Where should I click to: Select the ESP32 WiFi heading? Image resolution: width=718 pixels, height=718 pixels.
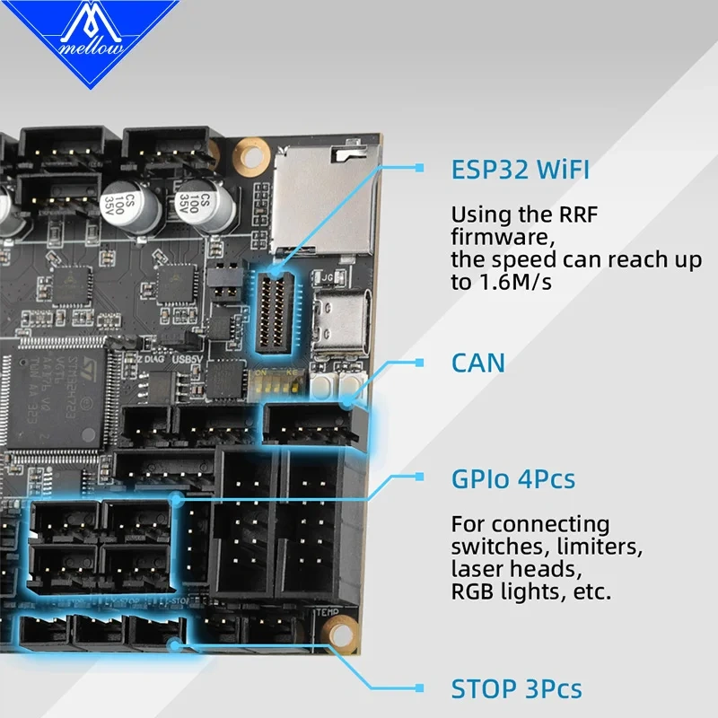[x=521, y=170]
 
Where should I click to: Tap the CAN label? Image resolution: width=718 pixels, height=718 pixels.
[x=477, y=363]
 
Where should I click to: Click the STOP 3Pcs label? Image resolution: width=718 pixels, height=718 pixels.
[x=515, y=688]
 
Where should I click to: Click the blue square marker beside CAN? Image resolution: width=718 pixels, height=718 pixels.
[x=418, y=363]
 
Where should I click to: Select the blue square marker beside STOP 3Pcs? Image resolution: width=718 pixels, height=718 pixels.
[x=418, y=688]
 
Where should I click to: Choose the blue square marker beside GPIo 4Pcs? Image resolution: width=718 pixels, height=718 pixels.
[x=418, y=478]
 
